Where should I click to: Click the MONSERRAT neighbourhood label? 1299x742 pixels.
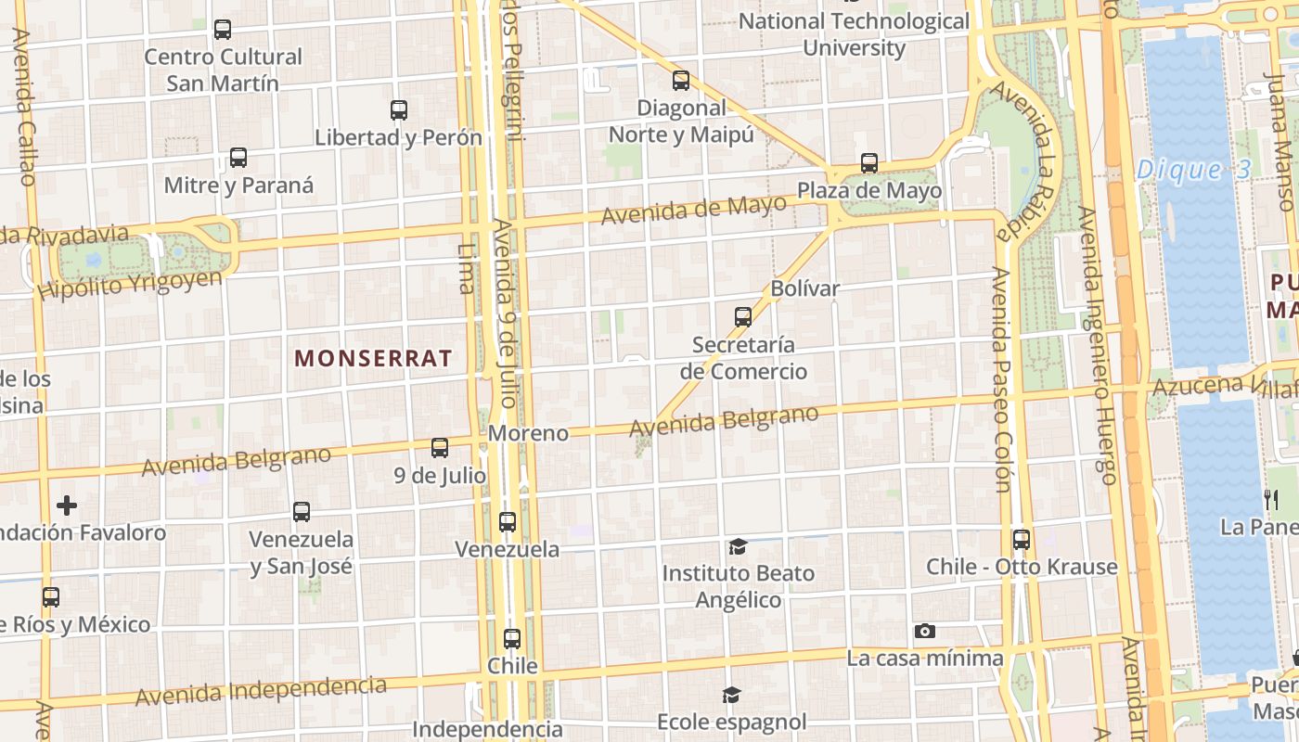tap(373, 358)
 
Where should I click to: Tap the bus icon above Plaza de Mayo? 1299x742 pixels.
tap(869, 163)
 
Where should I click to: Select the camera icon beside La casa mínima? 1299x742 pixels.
tap(924, 632)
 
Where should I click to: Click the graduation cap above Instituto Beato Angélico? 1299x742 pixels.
tap(738, 546)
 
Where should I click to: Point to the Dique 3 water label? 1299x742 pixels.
tap(1193, 170)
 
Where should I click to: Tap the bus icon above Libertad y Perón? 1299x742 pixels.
tap(399, 110)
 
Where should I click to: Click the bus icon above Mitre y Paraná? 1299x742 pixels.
tap(238, 158)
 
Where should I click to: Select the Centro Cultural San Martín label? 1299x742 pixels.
tap(223, 70)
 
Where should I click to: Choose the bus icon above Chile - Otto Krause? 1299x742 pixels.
tap(1022, 540)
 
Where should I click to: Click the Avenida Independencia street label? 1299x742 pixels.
tap(261, 691)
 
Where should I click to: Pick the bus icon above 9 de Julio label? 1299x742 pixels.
tap(440, 448)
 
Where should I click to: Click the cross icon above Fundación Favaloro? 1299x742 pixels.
tap(67, 505)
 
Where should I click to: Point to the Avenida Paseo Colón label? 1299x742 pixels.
tap(999, 379)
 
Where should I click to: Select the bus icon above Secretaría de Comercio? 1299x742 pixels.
tap(743, 317)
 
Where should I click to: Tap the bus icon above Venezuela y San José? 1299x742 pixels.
tap(302, 512)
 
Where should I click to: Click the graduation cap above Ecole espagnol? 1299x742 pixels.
tap(732, 695)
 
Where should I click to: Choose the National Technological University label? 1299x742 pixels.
tap(854, 34)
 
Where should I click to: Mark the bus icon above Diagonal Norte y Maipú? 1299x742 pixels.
tap(681, 81)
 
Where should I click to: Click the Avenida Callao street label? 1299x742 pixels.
tap(25, 107)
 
